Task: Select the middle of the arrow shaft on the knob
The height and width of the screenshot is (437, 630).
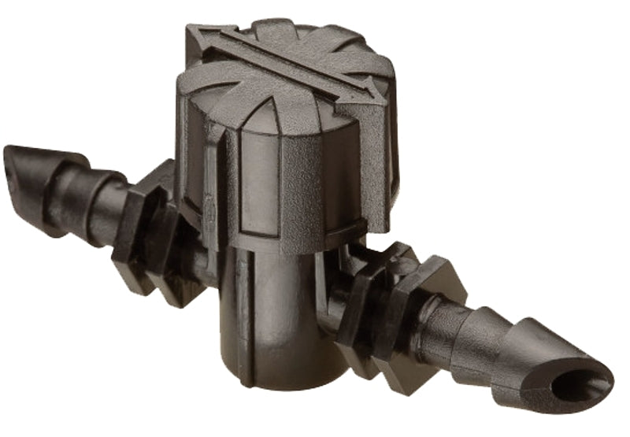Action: (287, 66)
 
